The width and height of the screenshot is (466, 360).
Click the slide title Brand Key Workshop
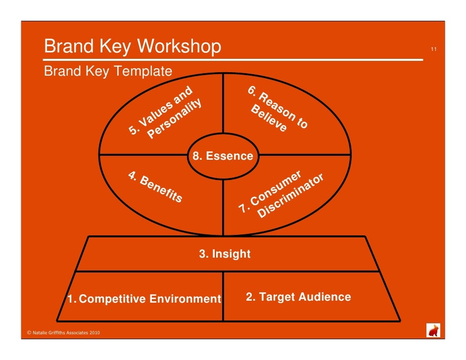coord(133,47)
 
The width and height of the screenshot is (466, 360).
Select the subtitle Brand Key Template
coord(108,72)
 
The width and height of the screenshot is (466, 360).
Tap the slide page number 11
coord(433,49)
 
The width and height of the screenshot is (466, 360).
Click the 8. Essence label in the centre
coord(223,156)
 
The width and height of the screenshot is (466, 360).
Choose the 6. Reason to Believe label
coord(277,110)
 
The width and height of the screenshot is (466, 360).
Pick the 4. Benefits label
coord(155,187)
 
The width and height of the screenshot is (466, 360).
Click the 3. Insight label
coord(225,254)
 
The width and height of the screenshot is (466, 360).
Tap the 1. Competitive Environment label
coord(144,299)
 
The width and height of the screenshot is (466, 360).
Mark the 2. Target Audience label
coord(298,297)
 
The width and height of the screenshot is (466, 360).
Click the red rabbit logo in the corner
coord(433,330)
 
